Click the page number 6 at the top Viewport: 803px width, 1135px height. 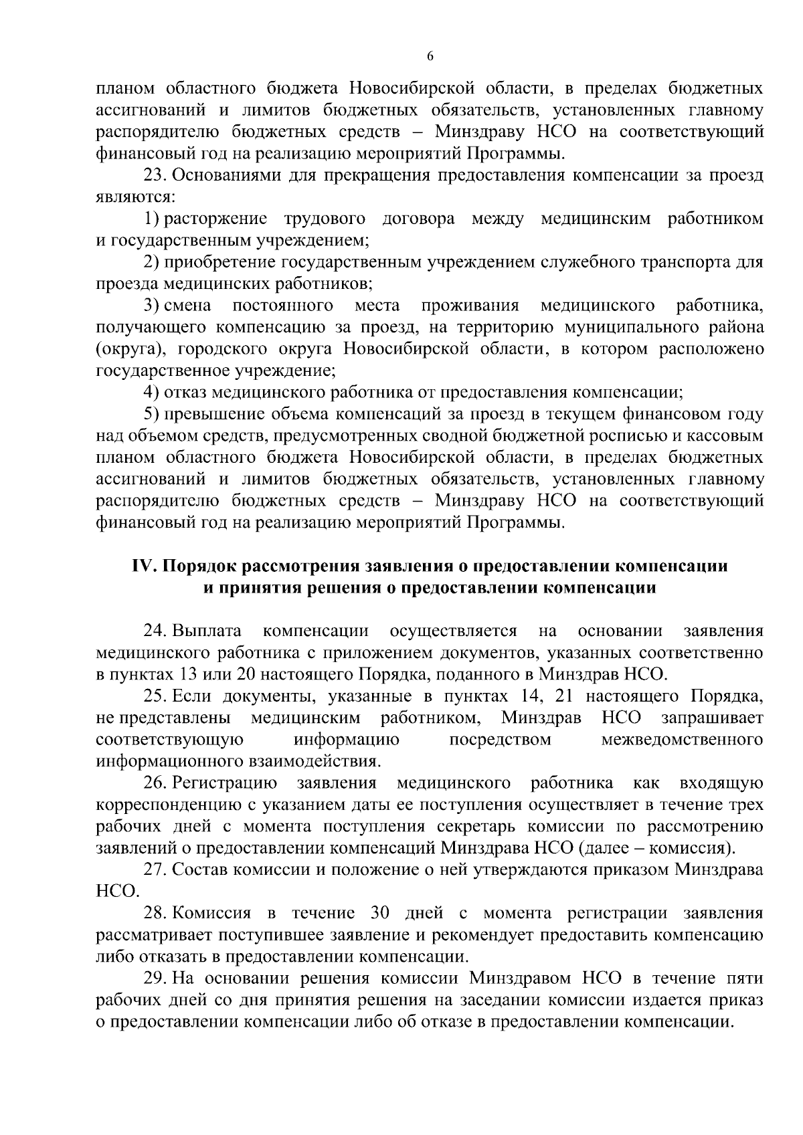(430, 57)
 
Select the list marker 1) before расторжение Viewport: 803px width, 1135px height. (153, 219)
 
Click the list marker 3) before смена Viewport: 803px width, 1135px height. (153, 306)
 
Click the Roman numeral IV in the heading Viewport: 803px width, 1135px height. (143, 566)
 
